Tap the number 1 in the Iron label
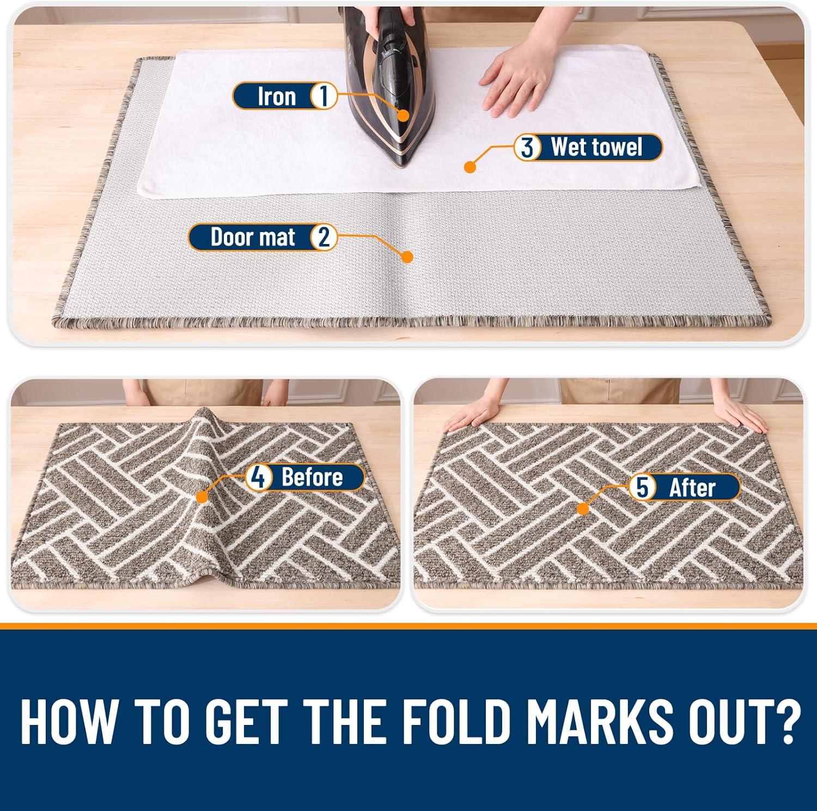click(323, 96)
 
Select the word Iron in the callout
click(277, 96)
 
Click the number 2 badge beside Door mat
click(323, 237)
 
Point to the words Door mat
click(253, 237)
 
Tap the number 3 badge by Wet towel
click(527, 147)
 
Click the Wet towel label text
click(596, 147)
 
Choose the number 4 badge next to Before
click(259, 478)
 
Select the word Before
click(312, 478)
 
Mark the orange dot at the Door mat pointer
click(407, 257)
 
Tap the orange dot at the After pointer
click(583, 509)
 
